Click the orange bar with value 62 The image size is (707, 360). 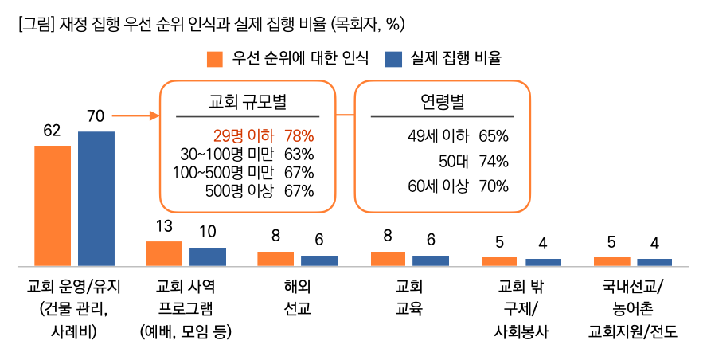(53, 205)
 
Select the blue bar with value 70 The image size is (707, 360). (96, 198)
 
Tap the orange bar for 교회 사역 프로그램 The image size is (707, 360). (164, 252)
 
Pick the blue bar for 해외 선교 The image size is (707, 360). (318, 260)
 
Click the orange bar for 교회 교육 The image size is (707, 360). (388, 258)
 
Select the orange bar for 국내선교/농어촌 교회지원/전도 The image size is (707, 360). (611, 260)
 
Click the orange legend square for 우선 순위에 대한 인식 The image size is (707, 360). (214, 58)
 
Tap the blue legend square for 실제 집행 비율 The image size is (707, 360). (393, 58)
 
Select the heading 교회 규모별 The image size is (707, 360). (247, 101)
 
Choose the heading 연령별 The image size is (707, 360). (442, 101)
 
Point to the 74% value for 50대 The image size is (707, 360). (494, 162)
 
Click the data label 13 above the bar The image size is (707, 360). (164, 226)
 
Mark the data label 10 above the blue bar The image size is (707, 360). (207, 233)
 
